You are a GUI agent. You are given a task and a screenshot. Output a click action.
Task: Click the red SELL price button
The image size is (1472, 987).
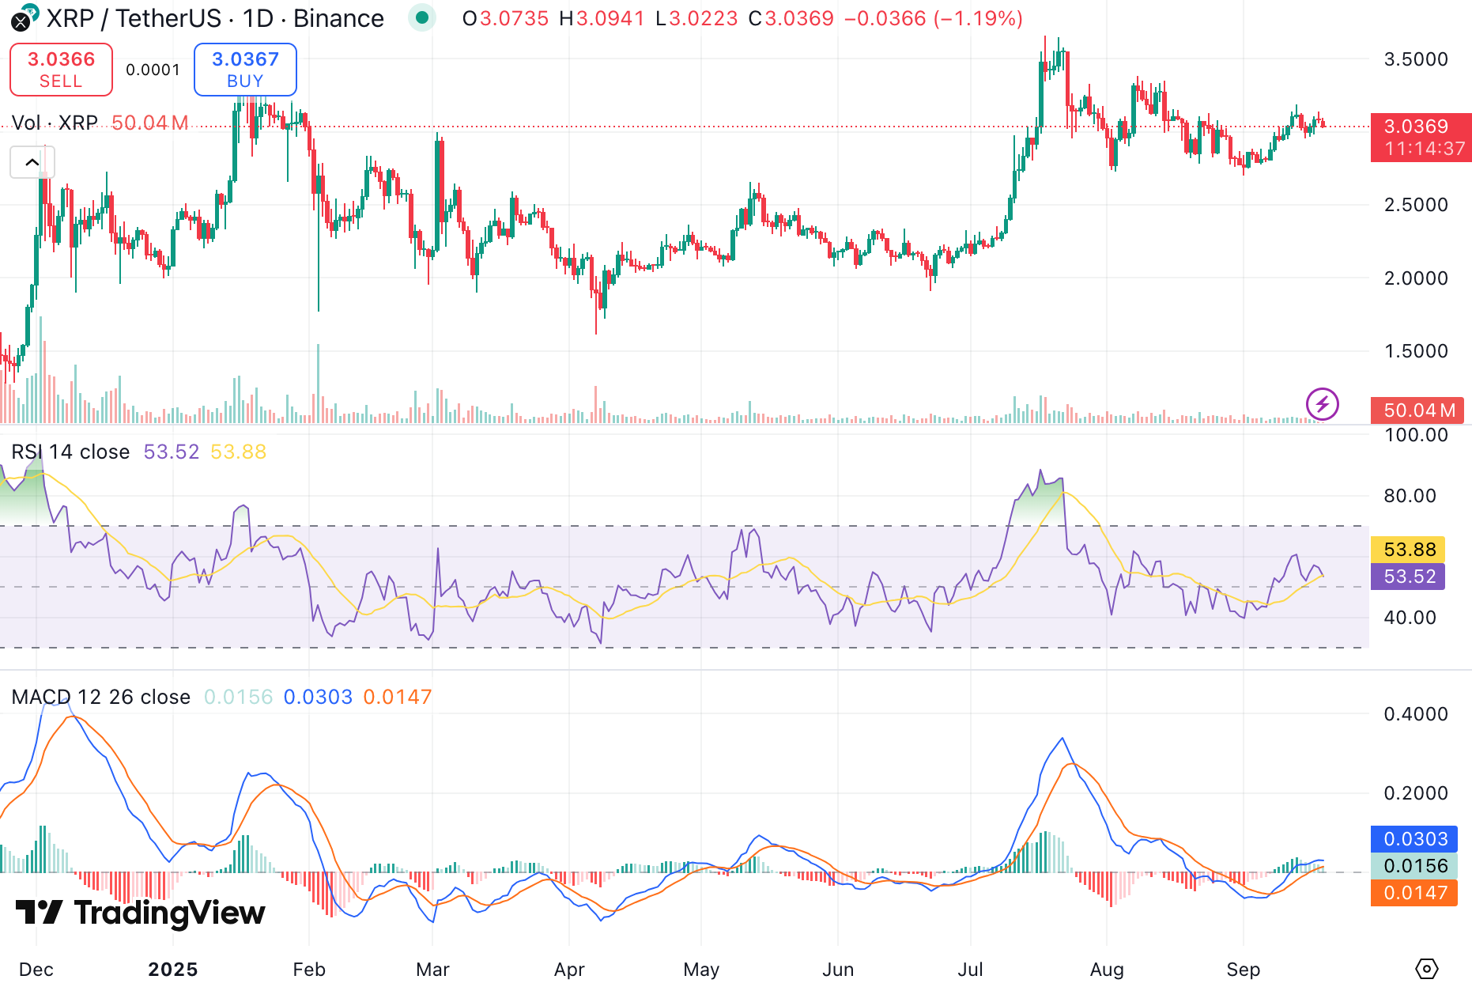tap(61, 70)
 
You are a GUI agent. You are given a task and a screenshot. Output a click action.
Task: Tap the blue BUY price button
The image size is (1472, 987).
tap(245, 70)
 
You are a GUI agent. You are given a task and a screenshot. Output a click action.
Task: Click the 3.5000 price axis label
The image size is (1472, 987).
tap(1416, 59)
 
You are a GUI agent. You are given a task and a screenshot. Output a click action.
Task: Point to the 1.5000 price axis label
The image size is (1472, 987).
tap(1416, 351)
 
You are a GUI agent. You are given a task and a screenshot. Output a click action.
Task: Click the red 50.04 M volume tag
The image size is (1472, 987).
tap(1419, 410)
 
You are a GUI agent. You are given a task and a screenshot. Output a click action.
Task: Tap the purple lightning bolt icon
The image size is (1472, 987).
tap(1322, 404)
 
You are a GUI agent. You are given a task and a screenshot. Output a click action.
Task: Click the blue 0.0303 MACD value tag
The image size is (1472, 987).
tap(1414, 839)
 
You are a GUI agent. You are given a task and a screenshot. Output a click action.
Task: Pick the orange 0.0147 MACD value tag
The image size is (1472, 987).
tap(1414, 893)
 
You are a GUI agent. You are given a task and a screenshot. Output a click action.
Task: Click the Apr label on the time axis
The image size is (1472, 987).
tap(569, 970)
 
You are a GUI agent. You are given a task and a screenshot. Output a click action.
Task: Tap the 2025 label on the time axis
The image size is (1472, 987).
tap(173, 970)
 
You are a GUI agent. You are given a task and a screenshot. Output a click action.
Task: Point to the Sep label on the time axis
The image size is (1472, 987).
tap(1243, 970)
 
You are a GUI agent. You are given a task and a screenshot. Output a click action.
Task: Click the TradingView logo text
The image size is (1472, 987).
tap(141, 913)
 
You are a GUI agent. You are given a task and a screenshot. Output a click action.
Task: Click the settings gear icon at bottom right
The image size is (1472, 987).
tap(1426, 968)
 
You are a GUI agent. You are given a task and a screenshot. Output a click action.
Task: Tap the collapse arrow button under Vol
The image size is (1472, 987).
tap(32, 162)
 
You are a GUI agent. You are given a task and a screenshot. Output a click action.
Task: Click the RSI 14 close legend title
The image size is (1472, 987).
tap(70, 452)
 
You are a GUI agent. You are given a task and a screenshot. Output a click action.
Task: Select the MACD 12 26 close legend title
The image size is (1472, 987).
tap(101, 697)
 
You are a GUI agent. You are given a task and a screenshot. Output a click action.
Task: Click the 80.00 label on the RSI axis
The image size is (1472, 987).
tap(1410, 496)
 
